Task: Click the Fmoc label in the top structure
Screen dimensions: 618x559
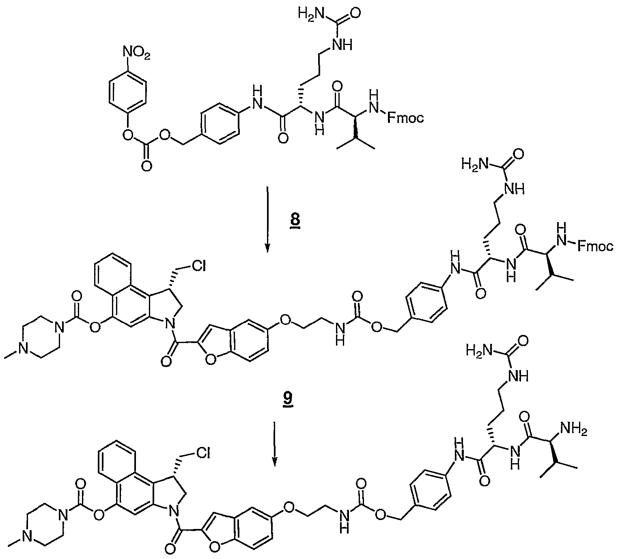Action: tap(405, 117)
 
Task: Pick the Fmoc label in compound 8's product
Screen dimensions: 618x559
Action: tap(594, 247)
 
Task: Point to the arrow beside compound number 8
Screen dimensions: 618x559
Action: tap(267, 219)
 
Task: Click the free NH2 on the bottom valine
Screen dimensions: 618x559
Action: tap(573, 430)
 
